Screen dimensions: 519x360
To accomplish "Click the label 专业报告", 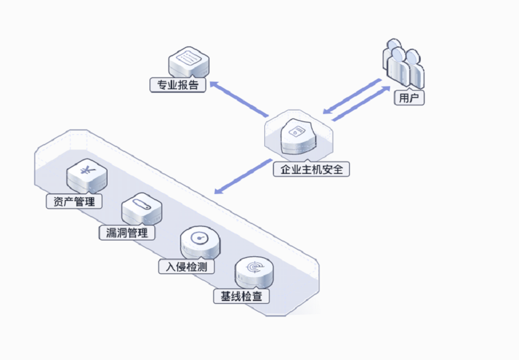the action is [178, 85].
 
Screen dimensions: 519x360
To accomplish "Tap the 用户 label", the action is [409, 98].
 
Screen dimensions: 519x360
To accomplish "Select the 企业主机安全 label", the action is [311, 169].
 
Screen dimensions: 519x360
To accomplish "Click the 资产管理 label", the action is [74, 201].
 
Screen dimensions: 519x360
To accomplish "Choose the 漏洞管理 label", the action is [127, 232].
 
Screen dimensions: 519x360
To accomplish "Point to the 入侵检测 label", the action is [186, 267].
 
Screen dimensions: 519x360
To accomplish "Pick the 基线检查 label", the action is [241, 296].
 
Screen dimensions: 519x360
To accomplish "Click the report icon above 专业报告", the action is [189, 62].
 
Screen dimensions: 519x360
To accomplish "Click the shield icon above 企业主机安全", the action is [299, 136].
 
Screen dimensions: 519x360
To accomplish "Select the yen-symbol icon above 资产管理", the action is [87, 176].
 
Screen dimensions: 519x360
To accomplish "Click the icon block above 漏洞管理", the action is [142, 209].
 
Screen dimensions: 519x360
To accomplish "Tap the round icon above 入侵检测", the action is [200, 242].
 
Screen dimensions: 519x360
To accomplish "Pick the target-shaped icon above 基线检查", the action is [254, 273].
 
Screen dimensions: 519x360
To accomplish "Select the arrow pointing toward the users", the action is [361, 104].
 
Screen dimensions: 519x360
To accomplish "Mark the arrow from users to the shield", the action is [352, 96].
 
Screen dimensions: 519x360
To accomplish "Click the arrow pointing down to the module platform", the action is [243, 176].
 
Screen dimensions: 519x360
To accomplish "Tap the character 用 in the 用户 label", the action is [404, 98].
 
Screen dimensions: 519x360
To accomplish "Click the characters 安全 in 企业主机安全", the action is [332, 169].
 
